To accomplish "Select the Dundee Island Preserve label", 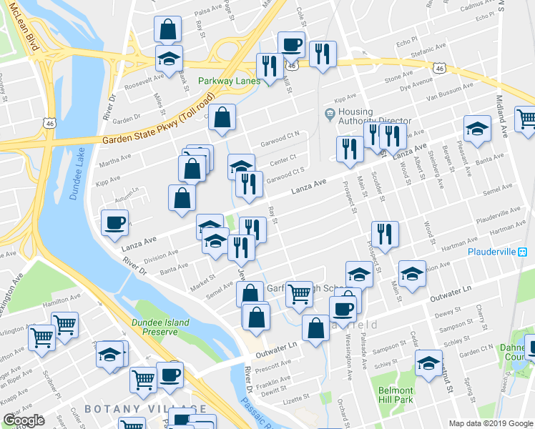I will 160,327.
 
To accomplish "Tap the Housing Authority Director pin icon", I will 329,113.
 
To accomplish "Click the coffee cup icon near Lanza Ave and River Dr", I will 114,223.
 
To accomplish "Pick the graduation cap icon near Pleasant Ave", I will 477,128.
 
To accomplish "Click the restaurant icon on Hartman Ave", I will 385,234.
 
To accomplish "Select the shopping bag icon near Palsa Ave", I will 167,30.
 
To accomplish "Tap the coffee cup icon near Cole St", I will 291,44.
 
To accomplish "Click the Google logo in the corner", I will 23,420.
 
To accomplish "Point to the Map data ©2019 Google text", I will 490,423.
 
